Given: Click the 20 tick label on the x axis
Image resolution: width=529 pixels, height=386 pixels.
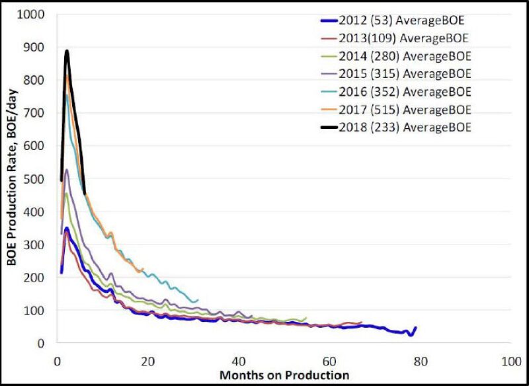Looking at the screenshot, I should (147, 362).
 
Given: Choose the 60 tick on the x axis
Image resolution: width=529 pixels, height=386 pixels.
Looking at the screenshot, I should (329, 362).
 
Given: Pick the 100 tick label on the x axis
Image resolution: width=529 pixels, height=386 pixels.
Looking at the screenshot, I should (509, 362).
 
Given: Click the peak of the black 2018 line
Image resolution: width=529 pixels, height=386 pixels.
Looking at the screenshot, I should (67, 52).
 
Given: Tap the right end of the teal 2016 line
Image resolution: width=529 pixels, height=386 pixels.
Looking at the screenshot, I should (197, 301).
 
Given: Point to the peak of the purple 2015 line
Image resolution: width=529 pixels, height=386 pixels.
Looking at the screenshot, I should (67, 170).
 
